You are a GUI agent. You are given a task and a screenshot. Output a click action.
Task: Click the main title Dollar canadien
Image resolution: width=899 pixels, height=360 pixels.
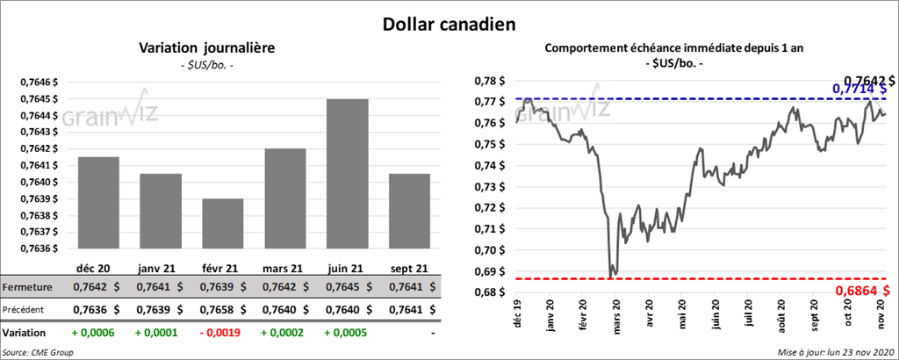coord(448,22)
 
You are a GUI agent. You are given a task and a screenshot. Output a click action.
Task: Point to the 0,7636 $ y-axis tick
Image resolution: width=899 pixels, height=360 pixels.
coord(37,248)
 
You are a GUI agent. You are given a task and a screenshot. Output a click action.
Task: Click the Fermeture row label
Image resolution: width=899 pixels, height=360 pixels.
coord(28,287)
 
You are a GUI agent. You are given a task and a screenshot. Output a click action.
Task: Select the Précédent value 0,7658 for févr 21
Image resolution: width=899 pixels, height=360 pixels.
coord(211,309)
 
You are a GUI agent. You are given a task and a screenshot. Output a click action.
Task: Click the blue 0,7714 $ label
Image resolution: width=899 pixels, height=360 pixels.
coord(859,89)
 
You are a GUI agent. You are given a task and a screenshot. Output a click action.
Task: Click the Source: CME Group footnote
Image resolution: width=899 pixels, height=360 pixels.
coord(37,351)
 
